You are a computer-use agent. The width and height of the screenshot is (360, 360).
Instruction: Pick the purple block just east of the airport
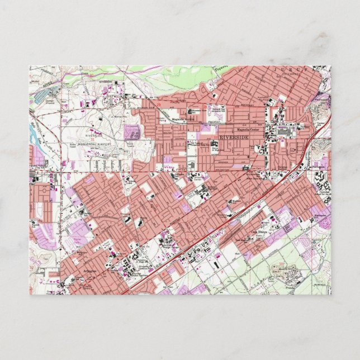click(132, 132)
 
